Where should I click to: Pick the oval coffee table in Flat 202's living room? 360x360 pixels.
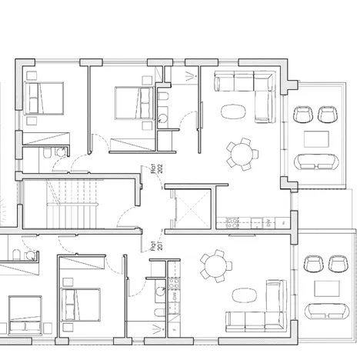[231, 111]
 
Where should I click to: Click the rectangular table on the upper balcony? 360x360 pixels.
[317, 138]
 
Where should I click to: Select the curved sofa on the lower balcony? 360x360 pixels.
[327, 312]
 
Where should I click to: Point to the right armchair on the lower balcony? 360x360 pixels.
[337, 264]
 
